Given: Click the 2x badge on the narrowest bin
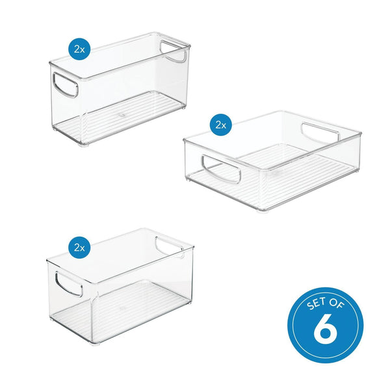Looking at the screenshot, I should (80, 49).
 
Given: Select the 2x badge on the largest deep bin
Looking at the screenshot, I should (80, 247).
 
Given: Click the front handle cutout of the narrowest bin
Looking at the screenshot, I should (66, 84).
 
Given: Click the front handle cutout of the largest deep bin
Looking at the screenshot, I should (68, 284).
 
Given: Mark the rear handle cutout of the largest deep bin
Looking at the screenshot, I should (170, 248).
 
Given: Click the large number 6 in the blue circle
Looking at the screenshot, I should (325, 330).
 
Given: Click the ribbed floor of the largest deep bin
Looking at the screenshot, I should (130, 305).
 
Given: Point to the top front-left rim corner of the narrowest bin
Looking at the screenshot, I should (51, 63).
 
